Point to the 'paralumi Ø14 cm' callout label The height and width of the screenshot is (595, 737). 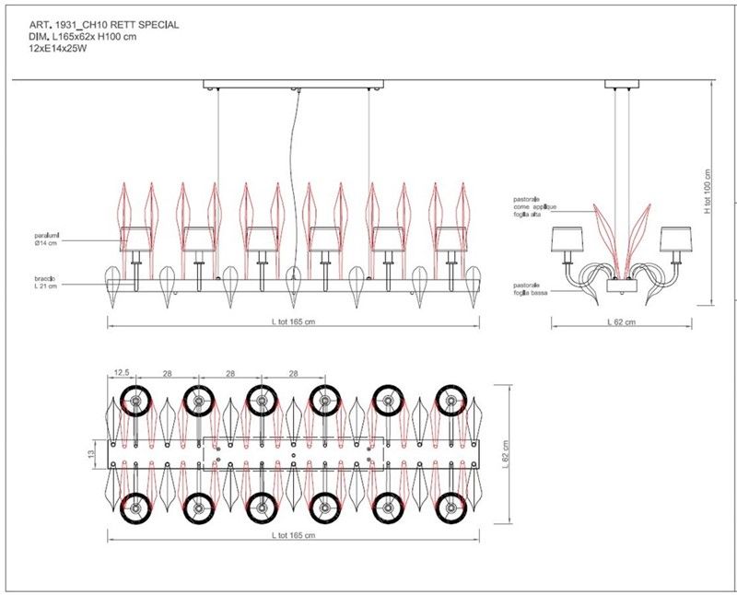(41, 239)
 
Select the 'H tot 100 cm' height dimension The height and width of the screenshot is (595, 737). (707, 192)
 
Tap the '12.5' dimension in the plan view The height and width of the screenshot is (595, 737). (121, 374)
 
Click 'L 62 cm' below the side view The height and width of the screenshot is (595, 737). (623, 322)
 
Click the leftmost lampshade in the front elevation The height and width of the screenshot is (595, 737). (136, 238)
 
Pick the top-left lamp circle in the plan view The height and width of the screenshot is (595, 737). (135, 402)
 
